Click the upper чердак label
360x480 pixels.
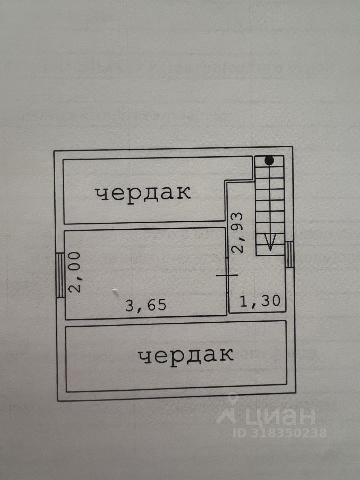(x=143, y=193)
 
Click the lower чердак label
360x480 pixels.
(x=186, y=355)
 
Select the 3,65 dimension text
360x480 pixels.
(x=145, y=305)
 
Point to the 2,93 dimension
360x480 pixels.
(x=238, y=232)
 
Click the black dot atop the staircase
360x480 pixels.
(x=269, y=161)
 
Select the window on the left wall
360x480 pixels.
(x=60, y=275)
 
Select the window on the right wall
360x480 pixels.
(x=289, y=254)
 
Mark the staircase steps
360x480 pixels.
(x=269, y=205)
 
